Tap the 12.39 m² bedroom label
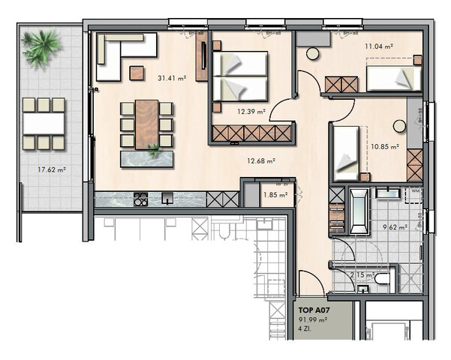247,112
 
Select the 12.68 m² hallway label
261,159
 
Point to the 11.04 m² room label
379,46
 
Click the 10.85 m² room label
383,146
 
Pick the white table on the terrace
44,122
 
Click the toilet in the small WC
383,280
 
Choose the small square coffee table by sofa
137,73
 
